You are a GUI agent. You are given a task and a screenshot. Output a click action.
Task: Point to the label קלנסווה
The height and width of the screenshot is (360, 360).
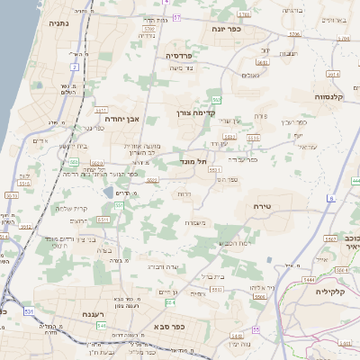pos(333,96)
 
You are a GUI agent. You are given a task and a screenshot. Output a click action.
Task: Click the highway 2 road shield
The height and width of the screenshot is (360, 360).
pos(73,67)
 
